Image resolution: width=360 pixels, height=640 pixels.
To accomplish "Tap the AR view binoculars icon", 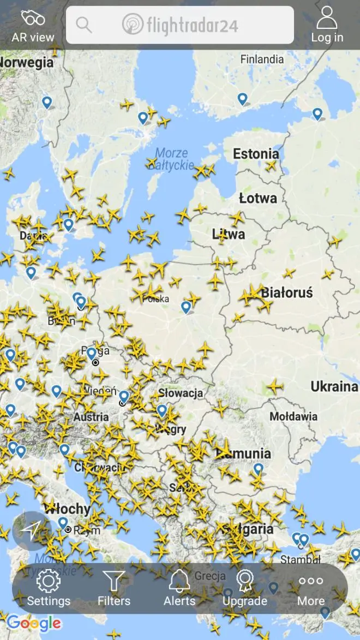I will pos(33,18).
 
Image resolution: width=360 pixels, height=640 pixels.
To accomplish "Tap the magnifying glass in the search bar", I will pos(84,25).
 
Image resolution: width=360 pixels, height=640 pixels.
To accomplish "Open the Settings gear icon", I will pos(49,581).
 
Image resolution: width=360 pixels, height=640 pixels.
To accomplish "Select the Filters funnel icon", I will pos(114,581).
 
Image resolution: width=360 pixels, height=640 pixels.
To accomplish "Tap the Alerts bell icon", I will pos(179,581).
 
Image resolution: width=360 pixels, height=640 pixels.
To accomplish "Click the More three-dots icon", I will pos(311,581).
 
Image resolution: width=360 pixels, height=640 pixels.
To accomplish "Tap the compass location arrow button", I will pos(32,530).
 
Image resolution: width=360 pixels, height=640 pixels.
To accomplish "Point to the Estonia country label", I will pos(256,154).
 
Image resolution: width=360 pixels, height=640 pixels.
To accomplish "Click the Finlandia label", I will pos(262,59).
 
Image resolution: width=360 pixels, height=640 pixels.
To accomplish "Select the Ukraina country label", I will pos(334,387).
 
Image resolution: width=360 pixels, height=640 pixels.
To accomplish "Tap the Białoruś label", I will pos(287,292).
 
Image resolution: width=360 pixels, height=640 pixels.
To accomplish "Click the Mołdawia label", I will pos(293,416).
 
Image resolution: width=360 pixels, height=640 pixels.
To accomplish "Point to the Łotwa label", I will pos(258,198).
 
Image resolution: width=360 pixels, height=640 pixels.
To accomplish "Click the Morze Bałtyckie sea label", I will pos(171,158).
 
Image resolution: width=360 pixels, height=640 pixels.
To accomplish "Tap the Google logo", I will pos(34,623).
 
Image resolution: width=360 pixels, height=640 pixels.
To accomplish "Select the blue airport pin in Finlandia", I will pos(242,99).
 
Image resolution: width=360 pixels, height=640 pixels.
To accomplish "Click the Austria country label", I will pos(91,417).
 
